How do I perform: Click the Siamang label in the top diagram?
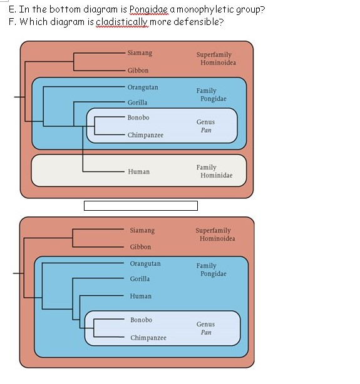coord(140,53)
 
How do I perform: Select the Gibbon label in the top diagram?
coord(138,71)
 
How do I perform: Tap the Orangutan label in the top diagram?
coord(143,87)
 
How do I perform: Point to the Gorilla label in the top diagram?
coord(138,103)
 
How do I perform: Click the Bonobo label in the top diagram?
coord(138,118)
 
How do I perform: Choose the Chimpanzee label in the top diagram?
coord(145,134)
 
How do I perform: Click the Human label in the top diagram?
coord(138,171)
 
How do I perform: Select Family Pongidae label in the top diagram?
coord(210,95)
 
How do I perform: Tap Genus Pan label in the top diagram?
coord(205,126)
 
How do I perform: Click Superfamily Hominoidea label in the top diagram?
coord(216,59)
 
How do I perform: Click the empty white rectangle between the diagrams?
coord(140,206)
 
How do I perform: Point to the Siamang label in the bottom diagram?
coord(142,230)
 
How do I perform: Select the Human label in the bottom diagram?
coord(141,296)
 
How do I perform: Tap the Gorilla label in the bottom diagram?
coord(140,279)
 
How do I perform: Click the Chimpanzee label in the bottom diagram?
coord(148,338)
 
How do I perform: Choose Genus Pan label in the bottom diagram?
coord(205,328)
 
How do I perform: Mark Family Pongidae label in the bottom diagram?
coord(210,270)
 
